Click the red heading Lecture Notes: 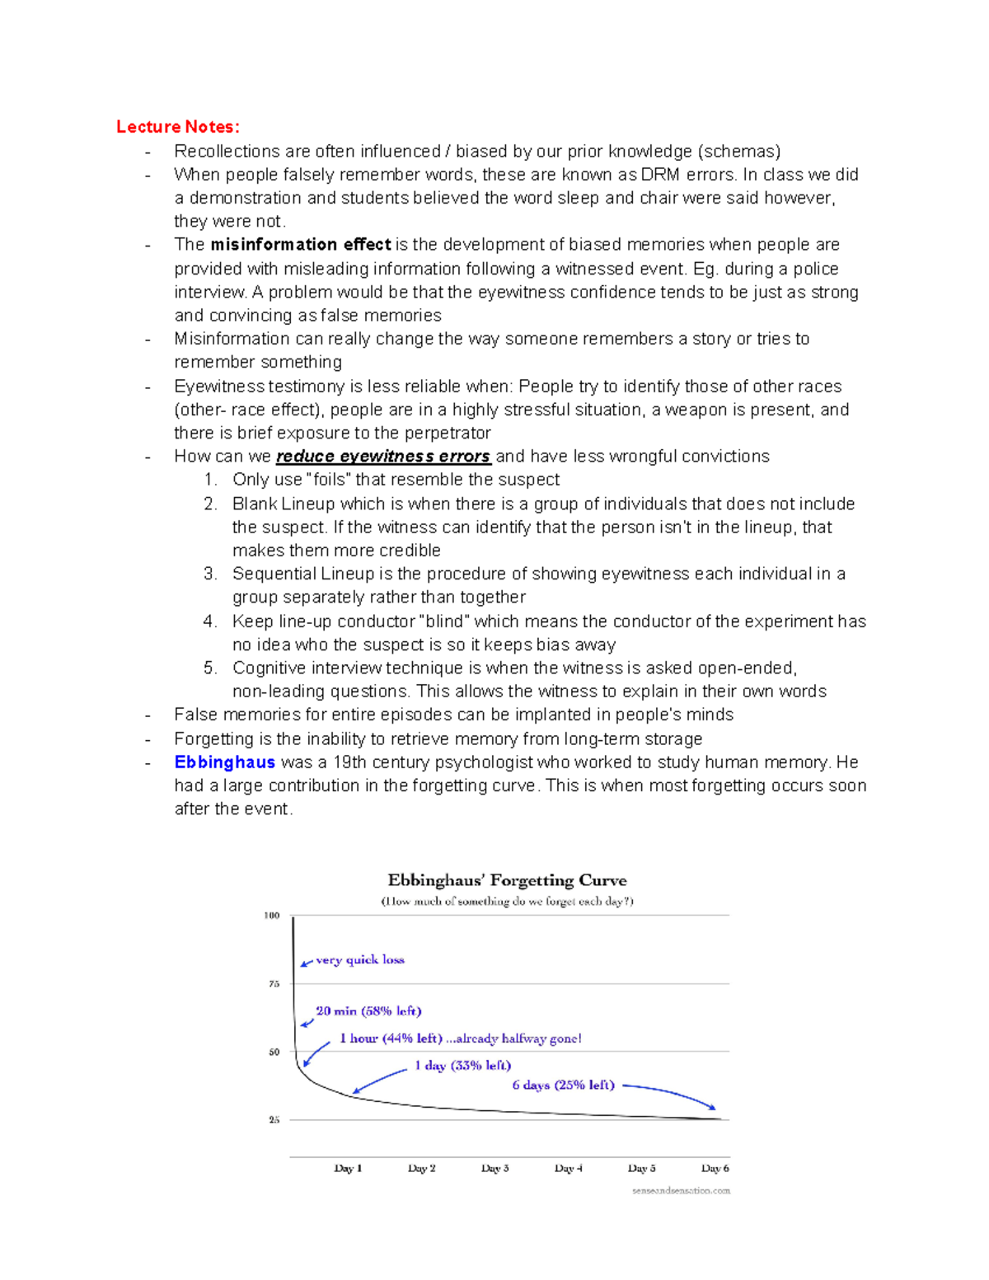tap(177, 127)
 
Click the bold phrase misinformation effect tap(300, 245)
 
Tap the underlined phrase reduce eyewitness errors tap(383, 457)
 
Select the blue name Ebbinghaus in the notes tap(224, 762)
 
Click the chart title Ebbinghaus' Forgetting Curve tap(507, 880)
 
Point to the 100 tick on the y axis tap(272, 916)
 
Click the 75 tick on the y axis tap(274, 984)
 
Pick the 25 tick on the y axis tap(274, 1120)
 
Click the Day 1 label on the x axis tap(348, 1169)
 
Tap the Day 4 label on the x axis tap(569, 1169)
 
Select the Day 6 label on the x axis tap(715, 1169)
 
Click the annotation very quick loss tap(360, 960)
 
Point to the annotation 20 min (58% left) tap(368, 1011)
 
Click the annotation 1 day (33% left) tap(462, 1066)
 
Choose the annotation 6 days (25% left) tap(563, 1085)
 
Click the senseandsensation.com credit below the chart tap(681, 1191)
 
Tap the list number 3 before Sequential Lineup tap(210, 574)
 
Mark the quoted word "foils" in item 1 tap(328, 480)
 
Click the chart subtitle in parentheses tap(507, 902)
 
